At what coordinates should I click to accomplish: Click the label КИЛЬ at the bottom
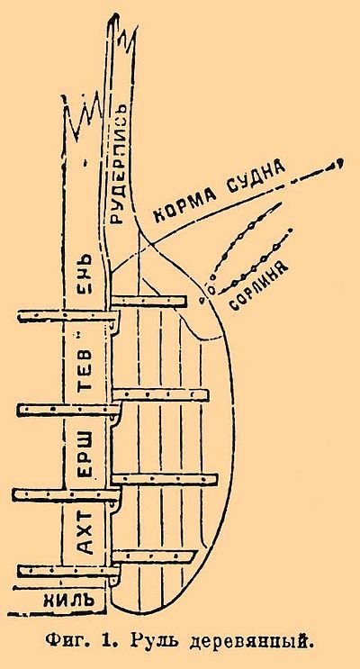[68, 601]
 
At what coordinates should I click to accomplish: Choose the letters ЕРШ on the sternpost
[85, 456]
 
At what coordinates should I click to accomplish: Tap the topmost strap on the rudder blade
[148, 302]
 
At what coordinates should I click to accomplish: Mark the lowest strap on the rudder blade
[153, 556]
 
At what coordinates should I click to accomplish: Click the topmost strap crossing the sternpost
[68, 316]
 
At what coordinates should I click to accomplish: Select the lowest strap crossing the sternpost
[68, 570]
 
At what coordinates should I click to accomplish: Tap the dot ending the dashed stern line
[340, 163]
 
